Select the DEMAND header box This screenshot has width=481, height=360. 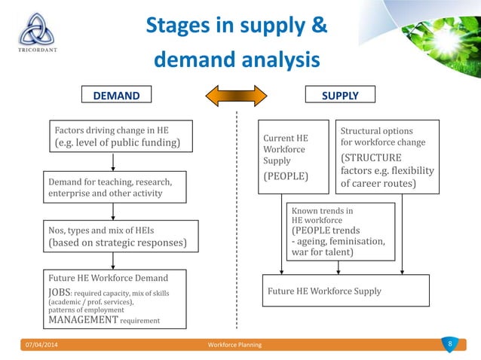coord(117,96)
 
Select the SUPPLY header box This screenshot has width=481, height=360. coord(340,96)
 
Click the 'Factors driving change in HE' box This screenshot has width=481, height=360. coord(119,136)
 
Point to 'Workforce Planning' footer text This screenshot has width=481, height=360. coord(234,345)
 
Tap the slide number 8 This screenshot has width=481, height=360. coord(449,345)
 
